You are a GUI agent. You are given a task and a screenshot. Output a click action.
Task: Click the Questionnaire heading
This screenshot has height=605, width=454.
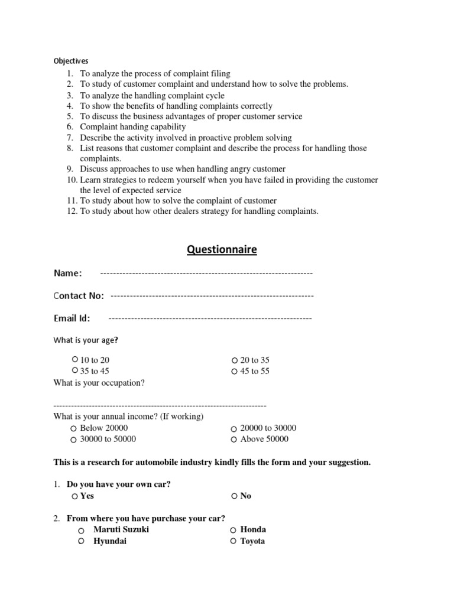point(222,249)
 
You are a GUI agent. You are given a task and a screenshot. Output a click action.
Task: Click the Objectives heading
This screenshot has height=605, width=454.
point(71,61)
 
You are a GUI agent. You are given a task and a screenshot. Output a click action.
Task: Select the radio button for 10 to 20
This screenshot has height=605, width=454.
point(74,359)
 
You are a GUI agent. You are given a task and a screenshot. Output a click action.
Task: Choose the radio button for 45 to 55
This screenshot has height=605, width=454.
point(235,372)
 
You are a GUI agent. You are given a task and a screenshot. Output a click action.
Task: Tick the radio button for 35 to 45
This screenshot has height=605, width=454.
point(74,370)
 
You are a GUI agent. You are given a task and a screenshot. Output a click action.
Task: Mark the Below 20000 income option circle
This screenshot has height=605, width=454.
point(73,428)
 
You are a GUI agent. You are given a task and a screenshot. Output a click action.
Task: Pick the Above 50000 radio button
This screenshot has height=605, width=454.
point(234,440)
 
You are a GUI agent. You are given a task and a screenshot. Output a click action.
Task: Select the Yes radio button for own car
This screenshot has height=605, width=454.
point(74,496)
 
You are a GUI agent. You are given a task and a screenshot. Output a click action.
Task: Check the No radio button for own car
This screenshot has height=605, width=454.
point(235,496)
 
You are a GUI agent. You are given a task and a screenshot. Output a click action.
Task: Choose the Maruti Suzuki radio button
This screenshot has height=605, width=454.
point(81,531)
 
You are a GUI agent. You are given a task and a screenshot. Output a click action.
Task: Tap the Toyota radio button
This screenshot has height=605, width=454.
point(234,542)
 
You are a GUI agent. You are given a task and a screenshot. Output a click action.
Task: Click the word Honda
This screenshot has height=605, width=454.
point(253,530)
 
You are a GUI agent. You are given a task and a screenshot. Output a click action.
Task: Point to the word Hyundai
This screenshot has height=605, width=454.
point(110,541)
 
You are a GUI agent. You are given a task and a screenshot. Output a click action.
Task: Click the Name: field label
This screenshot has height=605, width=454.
point(68,273)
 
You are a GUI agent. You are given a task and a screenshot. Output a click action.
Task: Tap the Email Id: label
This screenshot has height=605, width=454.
point(72,318)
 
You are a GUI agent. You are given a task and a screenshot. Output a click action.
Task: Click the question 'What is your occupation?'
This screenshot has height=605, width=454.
point(99,383)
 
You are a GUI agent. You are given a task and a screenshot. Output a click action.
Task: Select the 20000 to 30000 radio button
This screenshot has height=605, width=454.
point(234,429)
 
